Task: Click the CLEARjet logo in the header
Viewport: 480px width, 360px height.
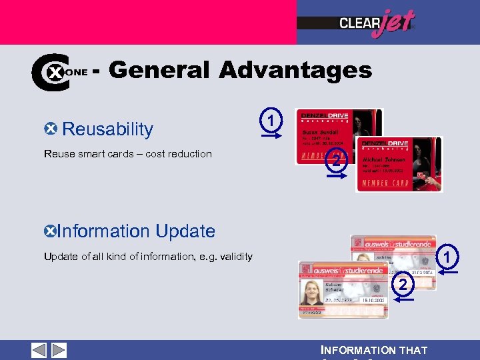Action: pyautogui.click(x=376, y=23)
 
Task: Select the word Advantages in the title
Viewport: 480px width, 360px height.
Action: pyautogui.click(x=295, y=69)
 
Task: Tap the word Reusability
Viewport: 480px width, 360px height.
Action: pyautogui.click(x=107, y=129)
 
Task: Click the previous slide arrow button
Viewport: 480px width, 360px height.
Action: pyautogui.click(x=39, y=350)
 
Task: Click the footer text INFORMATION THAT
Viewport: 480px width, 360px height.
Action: pyautogui.click(x=374, y=351)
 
